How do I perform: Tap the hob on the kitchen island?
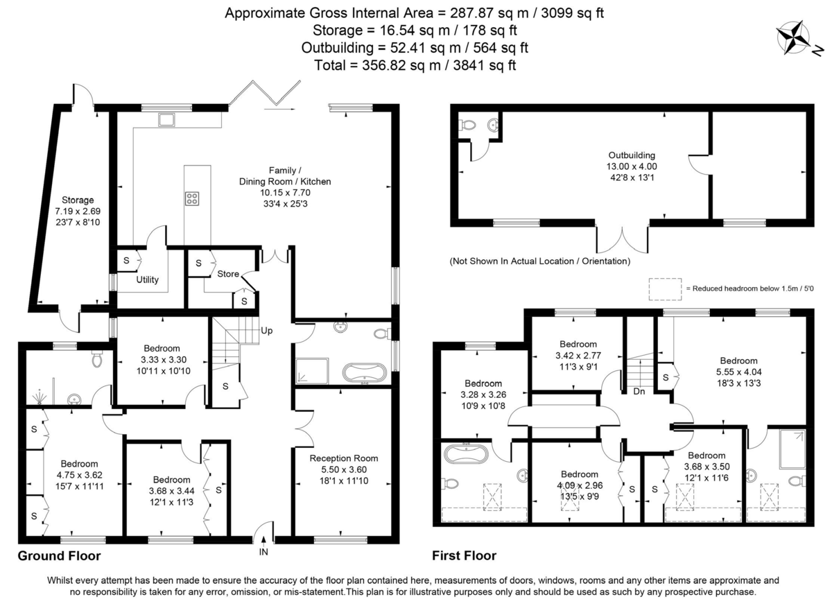tap(192, 198)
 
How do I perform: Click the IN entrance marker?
tap(263, 552)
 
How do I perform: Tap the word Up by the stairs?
tap(267, 331)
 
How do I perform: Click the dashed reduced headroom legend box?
tap(664, 288)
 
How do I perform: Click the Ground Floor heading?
tap(59, 556)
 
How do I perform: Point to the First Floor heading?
tap(464, 556)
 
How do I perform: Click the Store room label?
tap(228, 274)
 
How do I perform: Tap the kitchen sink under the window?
tap(166, 120)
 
